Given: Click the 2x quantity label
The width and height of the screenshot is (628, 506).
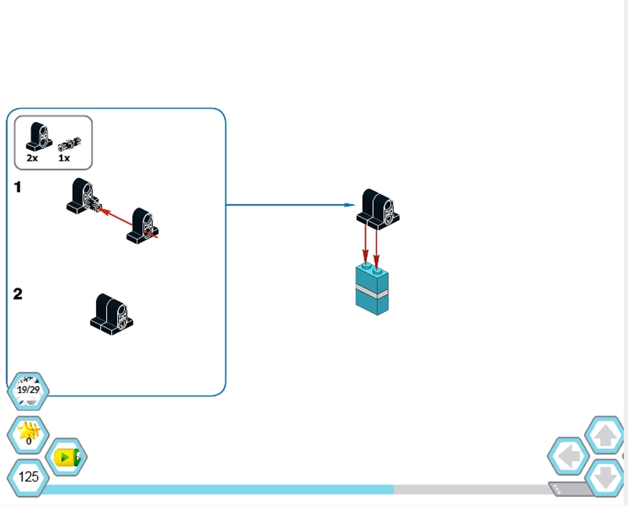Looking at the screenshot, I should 32,158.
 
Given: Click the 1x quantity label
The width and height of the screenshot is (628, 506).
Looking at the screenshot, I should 64,158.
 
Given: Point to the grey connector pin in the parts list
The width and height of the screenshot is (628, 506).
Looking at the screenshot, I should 70,144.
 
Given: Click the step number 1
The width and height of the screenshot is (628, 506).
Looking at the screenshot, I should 18,187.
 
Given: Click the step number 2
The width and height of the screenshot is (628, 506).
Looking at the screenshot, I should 18,294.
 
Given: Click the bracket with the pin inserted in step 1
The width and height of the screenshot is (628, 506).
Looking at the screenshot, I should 82,195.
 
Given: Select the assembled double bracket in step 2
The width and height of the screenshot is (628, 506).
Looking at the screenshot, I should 112,313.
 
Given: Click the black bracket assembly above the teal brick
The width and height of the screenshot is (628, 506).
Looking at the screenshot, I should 378,207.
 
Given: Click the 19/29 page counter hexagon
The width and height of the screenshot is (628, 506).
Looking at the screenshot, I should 28,390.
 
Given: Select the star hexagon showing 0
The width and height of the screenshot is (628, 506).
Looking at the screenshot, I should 28,434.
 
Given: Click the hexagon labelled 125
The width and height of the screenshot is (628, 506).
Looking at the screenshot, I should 28,477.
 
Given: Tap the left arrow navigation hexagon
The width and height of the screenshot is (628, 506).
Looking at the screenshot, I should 568,456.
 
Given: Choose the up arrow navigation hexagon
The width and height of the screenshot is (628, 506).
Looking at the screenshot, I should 605,435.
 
